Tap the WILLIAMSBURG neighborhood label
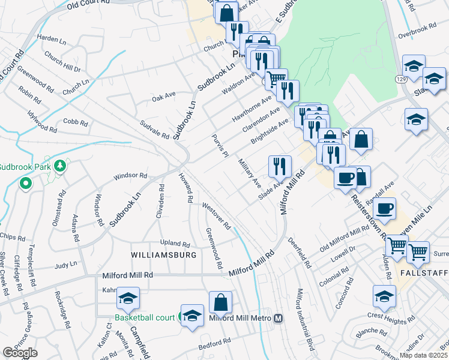pyautogui.click(x=164, y=255)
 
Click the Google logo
pyautogui.click(x=20, y=353)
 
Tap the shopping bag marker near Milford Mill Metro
pyautogui.click(x=221, y=302)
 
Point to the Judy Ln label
pyautogui.click(x=66, y=264)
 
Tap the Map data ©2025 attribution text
pyautogui.click(x=424, y=355)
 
